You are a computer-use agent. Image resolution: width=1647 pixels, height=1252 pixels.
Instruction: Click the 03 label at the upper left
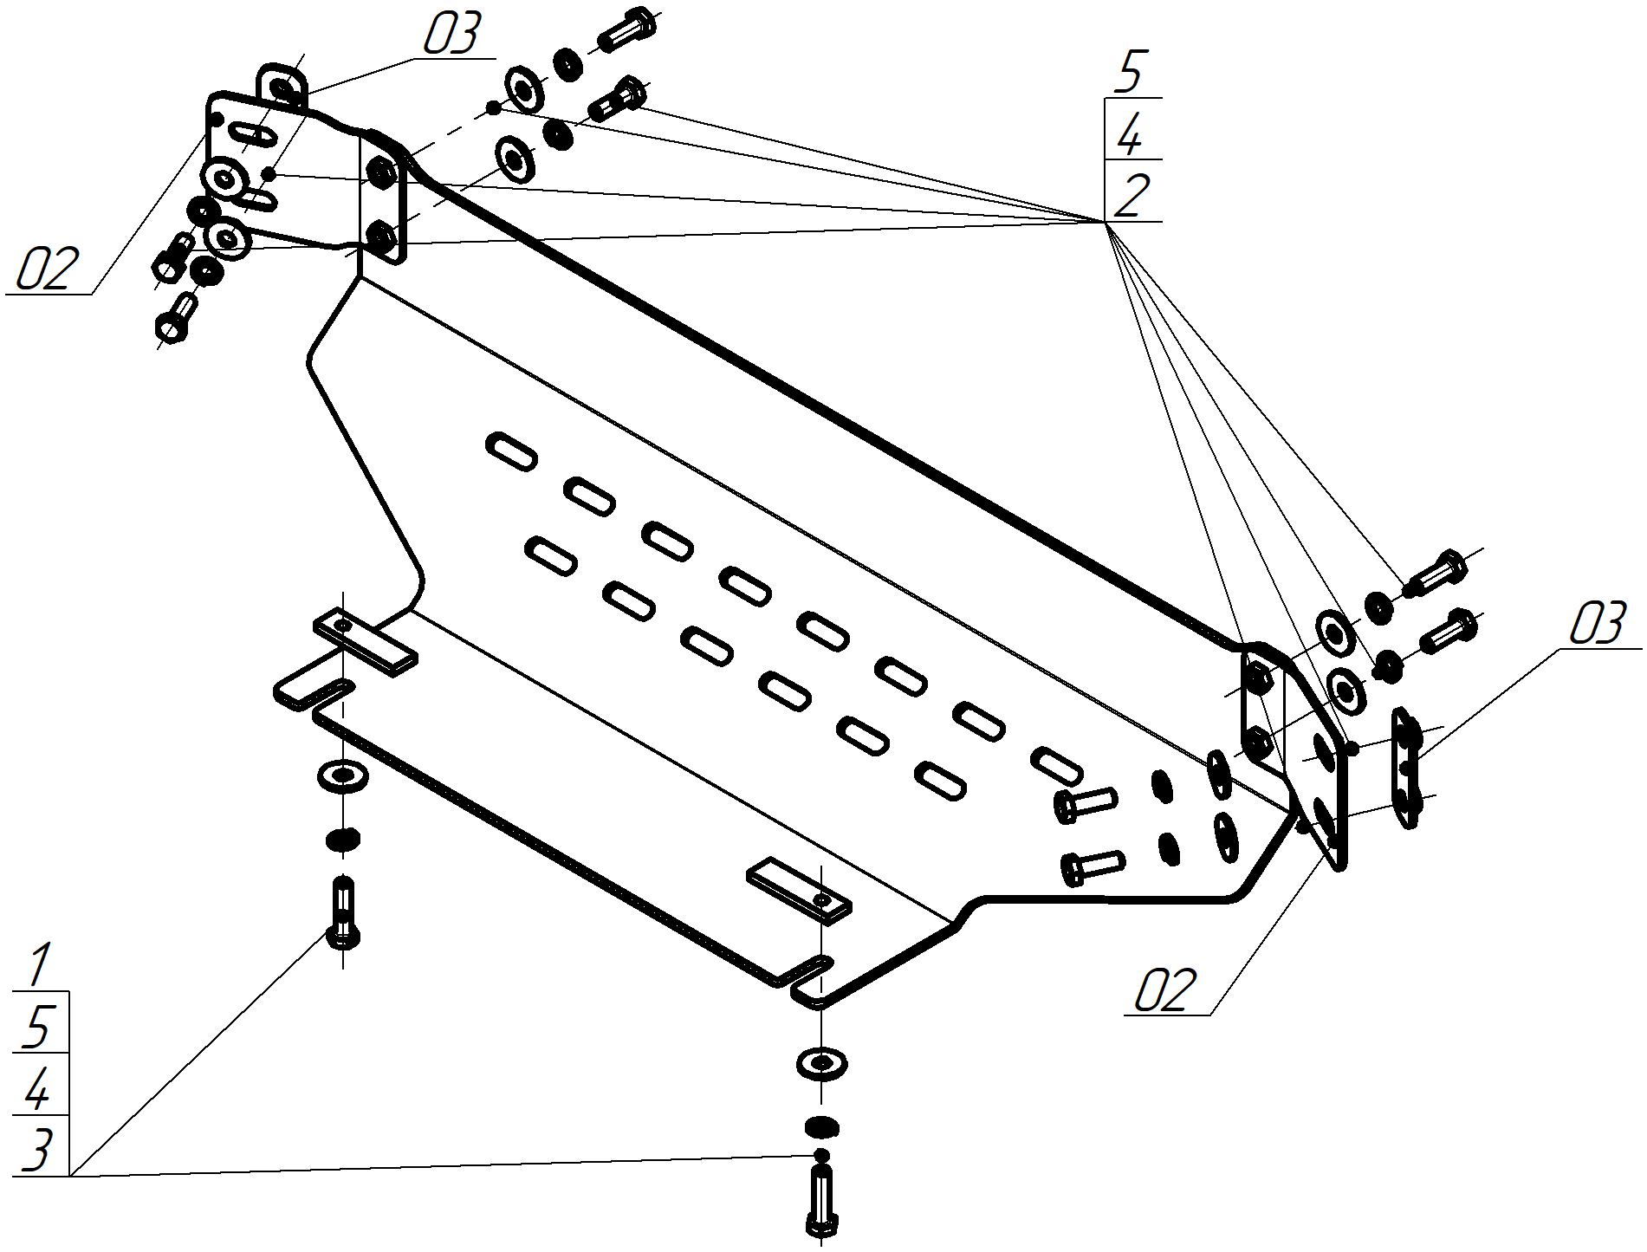pos(451,35)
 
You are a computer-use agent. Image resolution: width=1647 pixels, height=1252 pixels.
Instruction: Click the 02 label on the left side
pos(49,269)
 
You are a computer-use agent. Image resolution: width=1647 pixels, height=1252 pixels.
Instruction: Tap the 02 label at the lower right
pos(1165,989)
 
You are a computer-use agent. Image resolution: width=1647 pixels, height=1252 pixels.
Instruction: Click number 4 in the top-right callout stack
pos(1129,135)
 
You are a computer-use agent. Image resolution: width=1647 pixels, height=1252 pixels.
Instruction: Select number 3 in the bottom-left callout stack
pos(36,1151)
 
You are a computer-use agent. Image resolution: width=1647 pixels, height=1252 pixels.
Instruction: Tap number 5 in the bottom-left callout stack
pos(36,1027)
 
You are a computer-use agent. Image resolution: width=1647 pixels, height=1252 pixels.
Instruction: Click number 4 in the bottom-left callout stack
pos(36,1088)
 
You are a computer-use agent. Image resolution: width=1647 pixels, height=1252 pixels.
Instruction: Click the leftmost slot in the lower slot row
pos(551,555)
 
